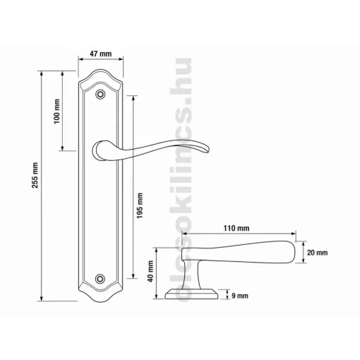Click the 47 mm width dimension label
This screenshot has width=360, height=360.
coord(101,54)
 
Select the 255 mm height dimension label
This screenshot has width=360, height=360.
coord(35,175)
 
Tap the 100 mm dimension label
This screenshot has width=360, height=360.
coord(57,112)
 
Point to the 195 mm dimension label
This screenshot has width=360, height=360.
coord(140,205)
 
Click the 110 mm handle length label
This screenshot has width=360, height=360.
coord(236,228)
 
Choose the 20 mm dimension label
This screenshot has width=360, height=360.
coord(317,253)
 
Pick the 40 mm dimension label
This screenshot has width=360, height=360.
coord(150,271)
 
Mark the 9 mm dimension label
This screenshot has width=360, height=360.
coord(240,296)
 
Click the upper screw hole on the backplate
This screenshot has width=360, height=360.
coord(100,94)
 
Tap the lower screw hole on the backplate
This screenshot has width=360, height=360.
coord(100,279)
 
